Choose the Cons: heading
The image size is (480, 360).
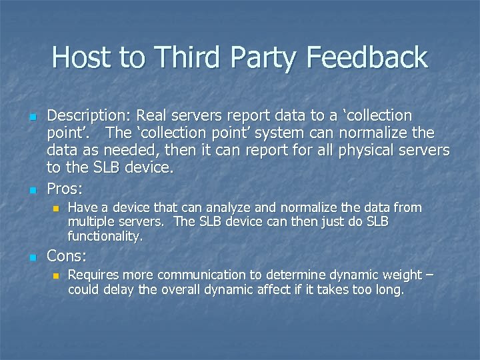tap(67, 255)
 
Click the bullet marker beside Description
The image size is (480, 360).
tap(32, 117)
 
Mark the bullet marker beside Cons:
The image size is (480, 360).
tap(32, 256)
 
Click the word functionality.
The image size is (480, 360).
tap(104, 236)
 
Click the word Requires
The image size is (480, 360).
tap(91, 275)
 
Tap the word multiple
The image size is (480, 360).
tap(90, 221)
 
